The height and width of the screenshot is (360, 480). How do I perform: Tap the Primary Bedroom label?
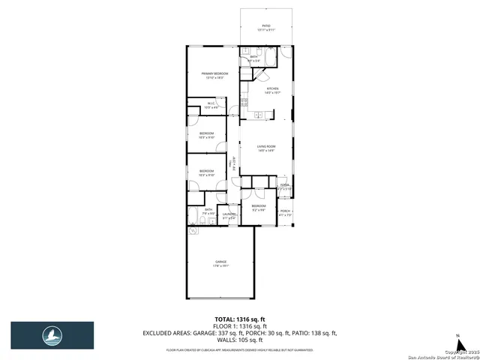[x=214, y=75]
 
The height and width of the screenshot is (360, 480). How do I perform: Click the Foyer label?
[x=285, y=186]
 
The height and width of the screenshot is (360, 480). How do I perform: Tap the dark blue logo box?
[x=52, y=335]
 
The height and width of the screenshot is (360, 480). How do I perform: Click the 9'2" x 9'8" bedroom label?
[x=258, y=207]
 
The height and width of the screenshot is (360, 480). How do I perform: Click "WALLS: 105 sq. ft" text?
[x=240, y=339]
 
